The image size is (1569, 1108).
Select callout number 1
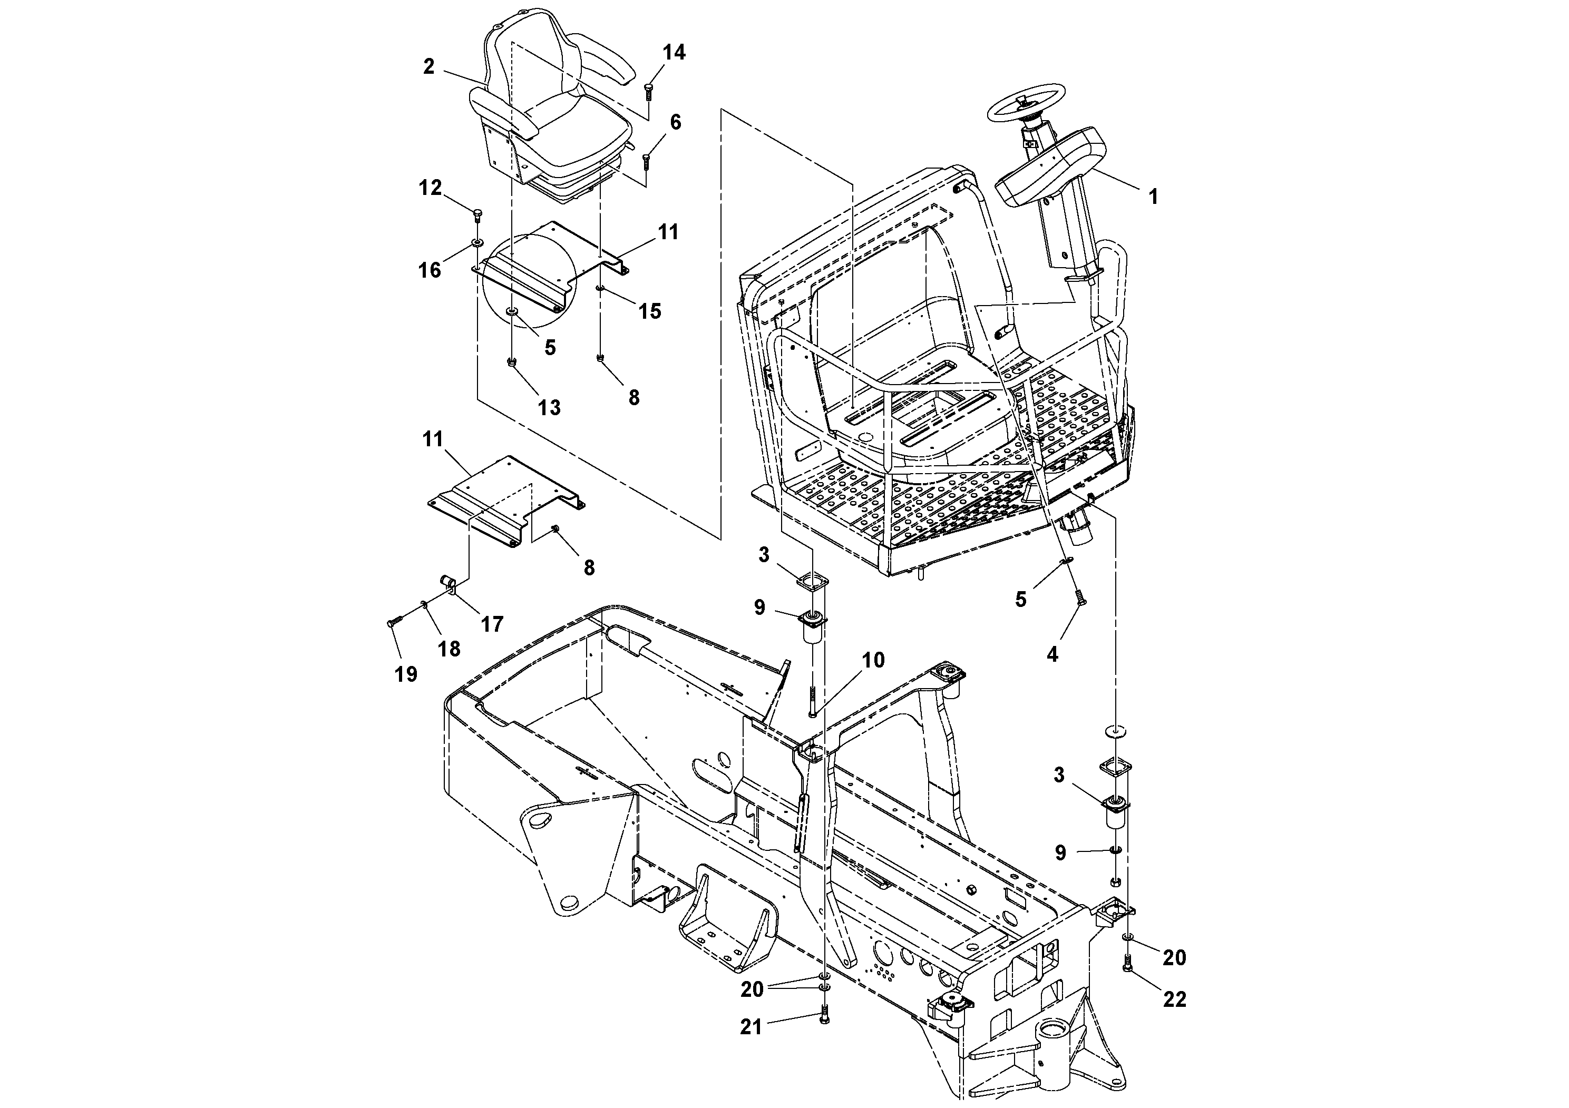[1153, 197]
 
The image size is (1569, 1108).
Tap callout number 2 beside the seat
[428, 67]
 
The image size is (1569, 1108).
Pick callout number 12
[430, 188]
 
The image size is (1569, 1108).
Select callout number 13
[549, 408]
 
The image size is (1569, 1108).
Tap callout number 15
[649, 311]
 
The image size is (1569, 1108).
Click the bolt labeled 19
[393, 622]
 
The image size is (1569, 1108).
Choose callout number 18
[449, 648]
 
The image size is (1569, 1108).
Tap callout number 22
[1175, 999]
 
